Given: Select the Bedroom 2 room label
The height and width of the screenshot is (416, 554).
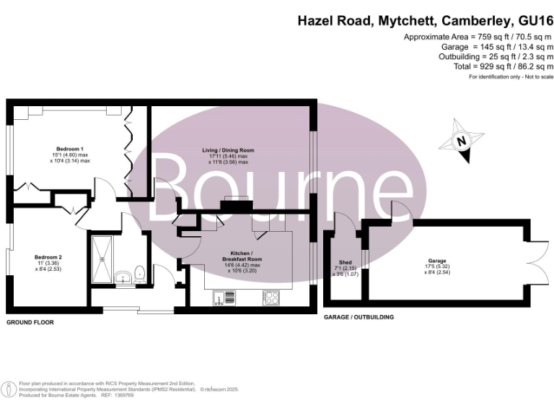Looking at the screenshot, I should pyautogui.click(x=49, y=257).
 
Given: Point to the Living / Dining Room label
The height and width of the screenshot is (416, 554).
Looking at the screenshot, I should pyautogui.click(x=227, y=150).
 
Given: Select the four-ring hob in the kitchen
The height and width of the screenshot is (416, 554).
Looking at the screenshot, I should pyautogui.click(x=271, y=296).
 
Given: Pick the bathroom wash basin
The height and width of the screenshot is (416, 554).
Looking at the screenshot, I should pyautogui.click(x=121, y=275).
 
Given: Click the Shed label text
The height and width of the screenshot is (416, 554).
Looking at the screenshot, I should pyautogui.click(x=345, y=261).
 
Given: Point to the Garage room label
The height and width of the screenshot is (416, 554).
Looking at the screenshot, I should pyautogui.click(x=436, y=261).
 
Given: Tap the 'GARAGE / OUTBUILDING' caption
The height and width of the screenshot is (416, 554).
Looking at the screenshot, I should pyautogui.click(x=359, y=317).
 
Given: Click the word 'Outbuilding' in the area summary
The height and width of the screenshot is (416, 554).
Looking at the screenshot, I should pyautogui.click(x=463, y=56).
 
